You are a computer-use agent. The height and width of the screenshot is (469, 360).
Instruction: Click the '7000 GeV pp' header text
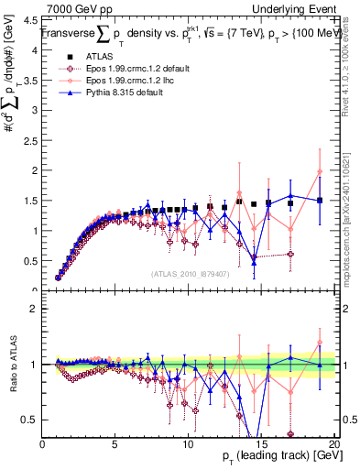(75, 8)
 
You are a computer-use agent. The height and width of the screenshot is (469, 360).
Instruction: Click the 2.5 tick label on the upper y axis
(31, 141)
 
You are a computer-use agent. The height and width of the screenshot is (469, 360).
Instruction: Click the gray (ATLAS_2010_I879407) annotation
(190, 273)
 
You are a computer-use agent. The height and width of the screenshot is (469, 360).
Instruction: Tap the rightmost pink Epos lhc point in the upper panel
(320, 172)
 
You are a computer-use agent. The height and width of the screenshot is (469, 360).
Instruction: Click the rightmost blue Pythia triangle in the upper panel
(320, 200)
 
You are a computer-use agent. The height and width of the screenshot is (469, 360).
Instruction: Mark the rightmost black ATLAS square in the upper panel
(320, 201)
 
